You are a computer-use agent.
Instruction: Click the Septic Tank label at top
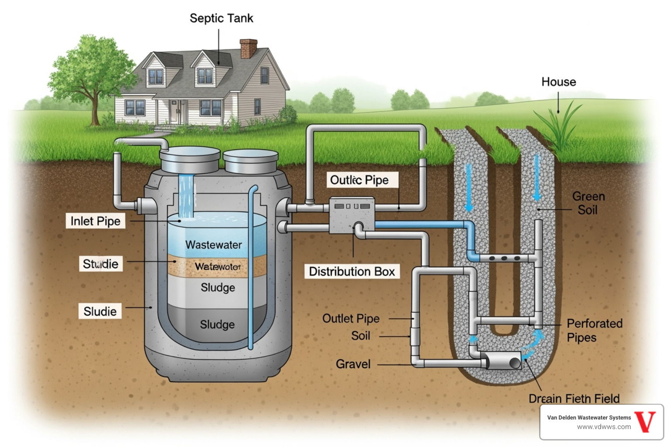pyautogui.click(x=221, y=18)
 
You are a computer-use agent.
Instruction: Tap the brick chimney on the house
pyautogui.click(x=248, y=48)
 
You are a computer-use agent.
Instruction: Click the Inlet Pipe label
pyautogui.click(x=96, y=221)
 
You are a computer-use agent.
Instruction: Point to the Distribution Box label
pyautogui.click(x=352, y=272)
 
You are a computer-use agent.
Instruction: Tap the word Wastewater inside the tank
pyautogui.click(x=214, y=244)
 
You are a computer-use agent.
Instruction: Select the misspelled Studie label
pyautogui.click(x=101, y=264)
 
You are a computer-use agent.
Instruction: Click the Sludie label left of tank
pyautogui.click(x=100, y=311)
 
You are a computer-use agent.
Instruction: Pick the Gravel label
pyautogui.click(x=353, y=364)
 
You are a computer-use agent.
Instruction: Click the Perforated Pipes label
pyautogui.click(x=594, y=330)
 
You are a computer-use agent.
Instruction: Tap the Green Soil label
pyautogui.click(x=588, y=203)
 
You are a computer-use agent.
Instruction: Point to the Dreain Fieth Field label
pyautogui.click(x=574, y=399)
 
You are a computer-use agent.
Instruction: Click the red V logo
pyautogui.click(x=645, y=422)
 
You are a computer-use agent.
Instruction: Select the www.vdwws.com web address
pyautogui.click(x=604, y=427)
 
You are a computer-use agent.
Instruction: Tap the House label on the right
pyautogui.click(x=558, y=82)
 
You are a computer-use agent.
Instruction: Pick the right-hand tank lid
pyautogui.click(x=250, y=162)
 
